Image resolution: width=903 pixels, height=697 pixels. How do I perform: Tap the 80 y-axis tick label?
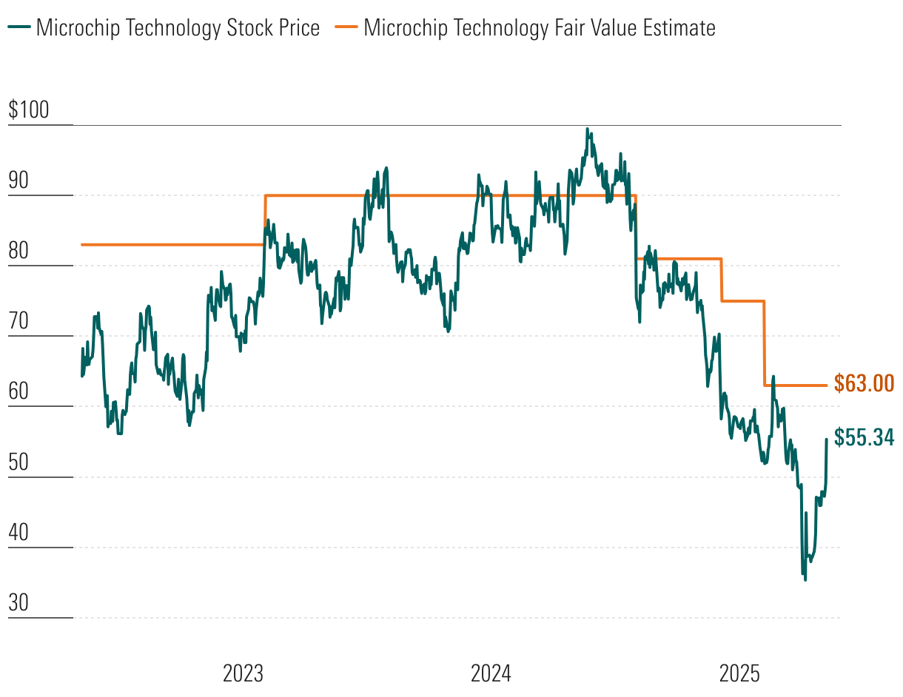pyautogui.click(x=19, y=252)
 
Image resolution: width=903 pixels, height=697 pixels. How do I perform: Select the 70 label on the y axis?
pyautogui.click(x=19, y=322)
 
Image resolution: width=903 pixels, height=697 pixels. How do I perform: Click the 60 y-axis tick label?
pyautogui.click(x=19, y=392)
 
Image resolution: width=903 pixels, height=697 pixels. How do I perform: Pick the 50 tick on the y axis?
pyautogui.click(x=19, y=462)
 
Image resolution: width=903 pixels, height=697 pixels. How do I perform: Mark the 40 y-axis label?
pyautogui.click(x=19, y=533)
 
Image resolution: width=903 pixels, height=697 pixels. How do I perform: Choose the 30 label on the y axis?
pyautogui.click(x=19, y=603)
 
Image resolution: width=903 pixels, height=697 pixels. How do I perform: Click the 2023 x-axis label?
pyautogui.click(x=243, y=674)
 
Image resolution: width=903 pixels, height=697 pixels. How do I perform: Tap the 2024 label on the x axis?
pyautogui.click(x=491, y=674)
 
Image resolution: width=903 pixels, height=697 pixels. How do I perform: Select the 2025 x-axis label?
pyautogui.click(x=739, y=674)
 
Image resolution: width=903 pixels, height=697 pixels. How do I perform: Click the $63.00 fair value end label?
pyautogui.click(x=864, y=383)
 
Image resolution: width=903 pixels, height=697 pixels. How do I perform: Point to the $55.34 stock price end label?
pyautogui.click(x=864, y=437)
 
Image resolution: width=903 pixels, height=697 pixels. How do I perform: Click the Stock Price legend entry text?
pyautogui.click(x=178, y=28)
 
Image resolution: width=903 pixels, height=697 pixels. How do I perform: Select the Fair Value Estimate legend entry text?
pyautogui.click(x=540, y=28)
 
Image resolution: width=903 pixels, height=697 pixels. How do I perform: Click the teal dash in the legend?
pyautogui.click(x=20, y=28)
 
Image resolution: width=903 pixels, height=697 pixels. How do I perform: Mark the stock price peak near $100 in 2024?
pyautogui.click(x=587, y=129)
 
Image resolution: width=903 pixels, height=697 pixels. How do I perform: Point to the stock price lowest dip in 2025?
pyautogui.click(x=805, y=579)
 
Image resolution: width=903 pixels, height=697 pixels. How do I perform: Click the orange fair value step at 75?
pyautogui.click(x=743, y=301)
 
